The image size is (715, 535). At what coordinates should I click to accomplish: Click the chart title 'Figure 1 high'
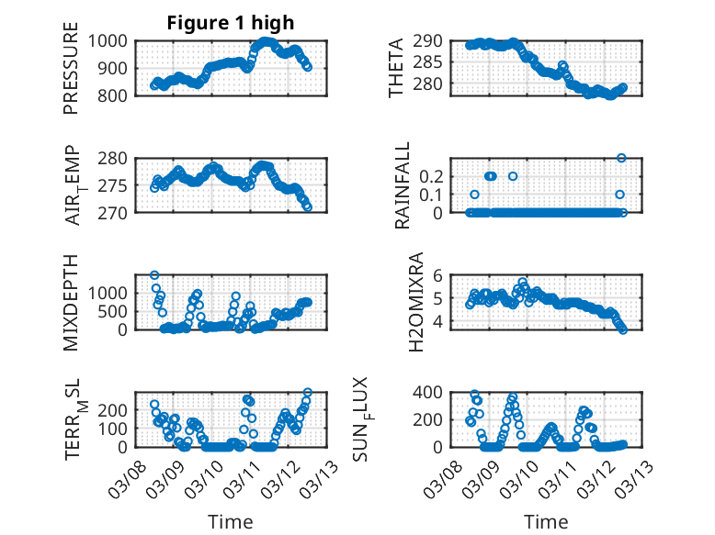231,23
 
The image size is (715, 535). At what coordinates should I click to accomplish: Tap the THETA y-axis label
396,68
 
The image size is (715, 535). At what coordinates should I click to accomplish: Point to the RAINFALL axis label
403,187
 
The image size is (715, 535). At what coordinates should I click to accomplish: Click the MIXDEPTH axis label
72,303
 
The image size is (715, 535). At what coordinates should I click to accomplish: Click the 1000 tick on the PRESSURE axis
109,40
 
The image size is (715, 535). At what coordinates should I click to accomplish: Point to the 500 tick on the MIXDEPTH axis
116,310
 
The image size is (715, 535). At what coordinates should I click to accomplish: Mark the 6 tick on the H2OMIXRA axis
439,275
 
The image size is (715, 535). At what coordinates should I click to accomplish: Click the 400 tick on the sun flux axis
432,392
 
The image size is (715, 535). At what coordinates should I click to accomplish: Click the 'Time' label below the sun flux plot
546,522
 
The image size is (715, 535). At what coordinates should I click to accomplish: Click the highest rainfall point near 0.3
621,158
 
